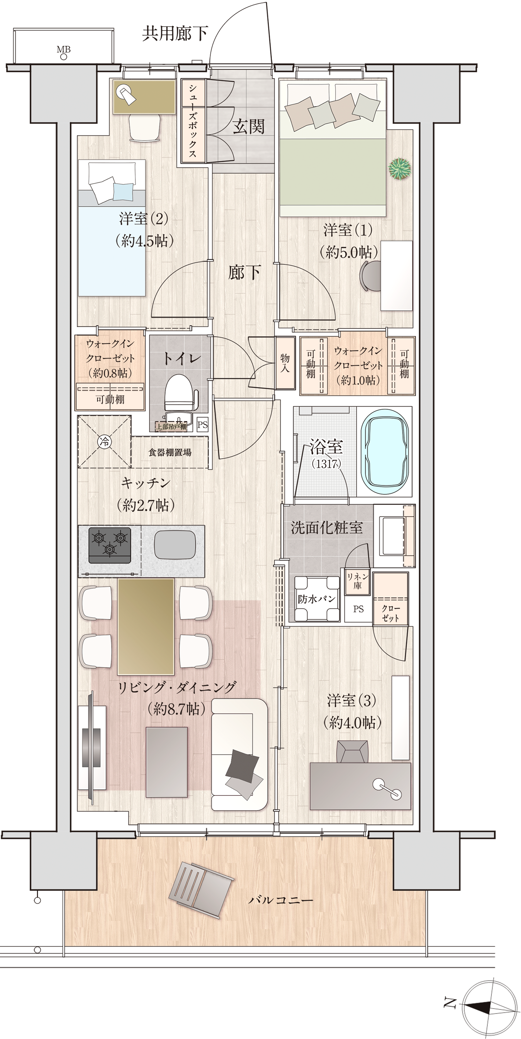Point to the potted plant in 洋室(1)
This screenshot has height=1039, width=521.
(400, 168)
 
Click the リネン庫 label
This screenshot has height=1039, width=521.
(357, 581)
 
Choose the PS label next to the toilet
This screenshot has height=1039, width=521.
(202, 424)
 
